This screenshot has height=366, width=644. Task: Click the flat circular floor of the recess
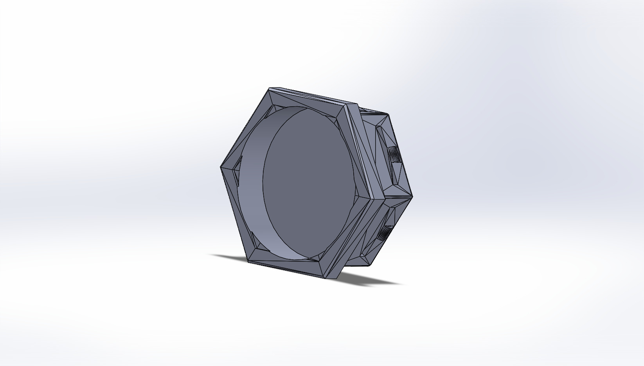tap(309, 184)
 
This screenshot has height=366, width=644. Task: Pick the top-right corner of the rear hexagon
tap(387, 114)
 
